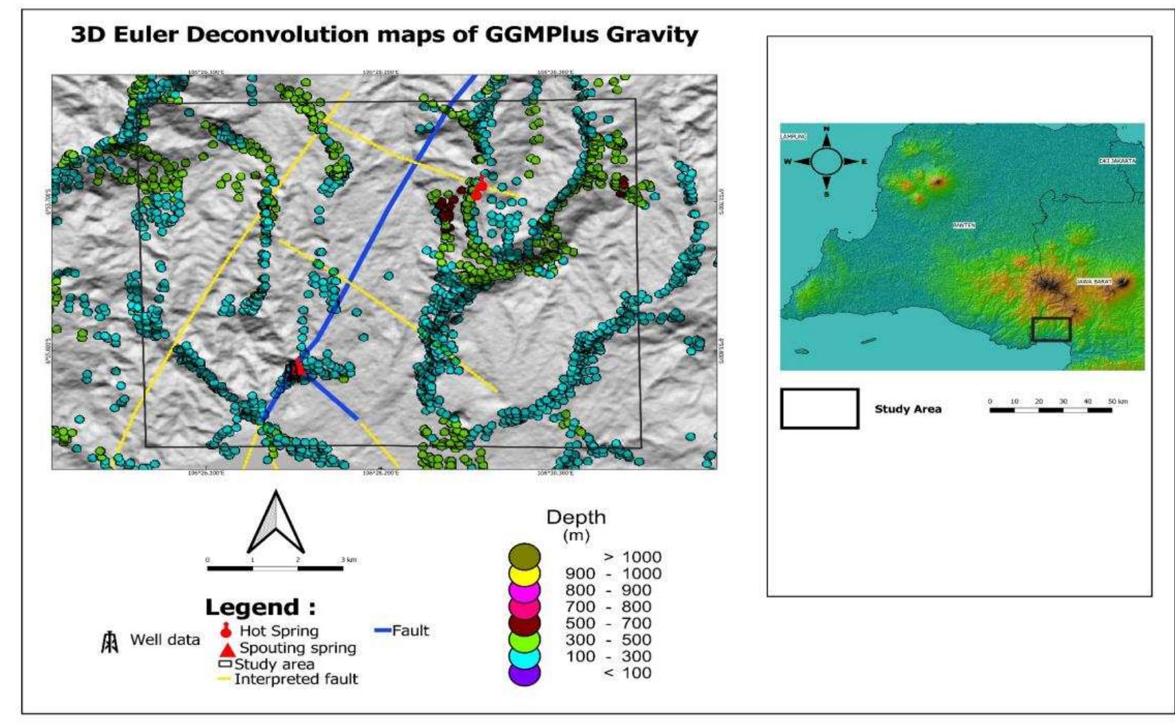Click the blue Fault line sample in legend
point(383,630)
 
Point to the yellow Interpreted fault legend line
point(224,679)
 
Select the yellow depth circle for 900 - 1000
point(525,573)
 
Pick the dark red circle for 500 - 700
point(525,623)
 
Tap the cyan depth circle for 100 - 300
point(525,657)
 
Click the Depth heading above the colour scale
point(575,517)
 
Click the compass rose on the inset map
point(827,162)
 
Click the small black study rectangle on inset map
point(1051,329)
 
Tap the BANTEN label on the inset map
point(964,226)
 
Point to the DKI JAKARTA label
point(1116,160)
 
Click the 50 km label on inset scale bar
point(1117,401)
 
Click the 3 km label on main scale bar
point(348,560)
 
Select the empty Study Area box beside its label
point(819,409)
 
